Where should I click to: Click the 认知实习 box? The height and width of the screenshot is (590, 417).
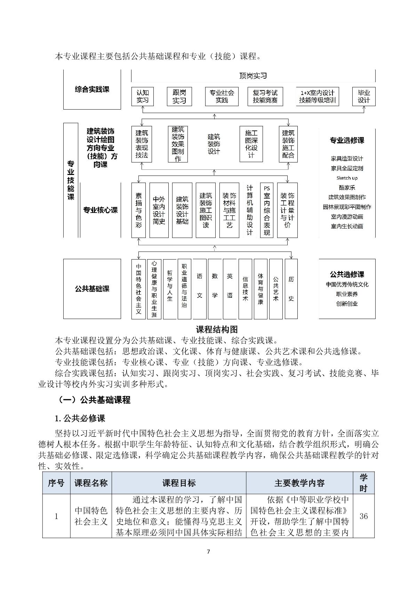pos(143,96)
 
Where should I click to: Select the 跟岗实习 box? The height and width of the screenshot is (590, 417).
pos(179,96)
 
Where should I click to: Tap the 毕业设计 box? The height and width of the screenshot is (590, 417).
pos(364,96)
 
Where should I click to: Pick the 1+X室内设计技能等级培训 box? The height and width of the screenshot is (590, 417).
pos(318,96)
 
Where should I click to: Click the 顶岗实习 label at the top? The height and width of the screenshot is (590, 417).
pos(253,76)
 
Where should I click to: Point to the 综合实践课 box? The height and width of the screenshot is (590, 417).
pos(92,89)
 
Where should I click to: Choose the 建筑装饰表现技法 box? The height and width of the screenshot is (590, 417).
pos(142,144)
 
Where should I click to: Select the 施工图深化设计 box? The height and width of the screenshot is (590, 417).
pos(251,144)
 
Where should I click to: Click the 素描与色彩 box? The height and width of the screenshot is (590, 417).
pos(138,210)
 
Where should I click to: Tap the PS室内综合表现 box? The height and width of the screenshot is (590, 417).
pos(267,210)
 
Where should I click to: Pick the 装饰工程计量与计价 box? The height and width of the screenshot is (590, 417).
pos(287,210)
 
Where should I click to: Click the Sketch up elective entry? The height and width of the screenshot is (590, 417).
pos(347,178)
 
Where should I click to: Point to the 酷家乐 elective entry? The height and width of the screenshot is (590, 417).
pos(347,188)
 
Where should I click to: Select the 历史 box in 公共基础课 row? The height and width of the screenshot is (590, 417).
pos(291,289)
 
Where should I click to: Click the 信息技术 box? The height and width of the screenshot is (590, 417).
pos(245,289)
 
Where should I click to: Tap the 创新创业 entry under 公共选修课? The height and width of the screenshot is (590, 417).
pos(347,304)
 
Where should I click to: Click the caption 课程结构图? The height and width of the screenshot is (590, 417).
pos(217,329)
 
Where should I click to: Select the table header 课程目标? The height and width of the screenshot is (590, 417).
pos(179,483)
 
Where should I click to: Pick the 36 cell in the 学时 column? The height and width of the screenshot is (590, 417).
pos(363,516)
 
